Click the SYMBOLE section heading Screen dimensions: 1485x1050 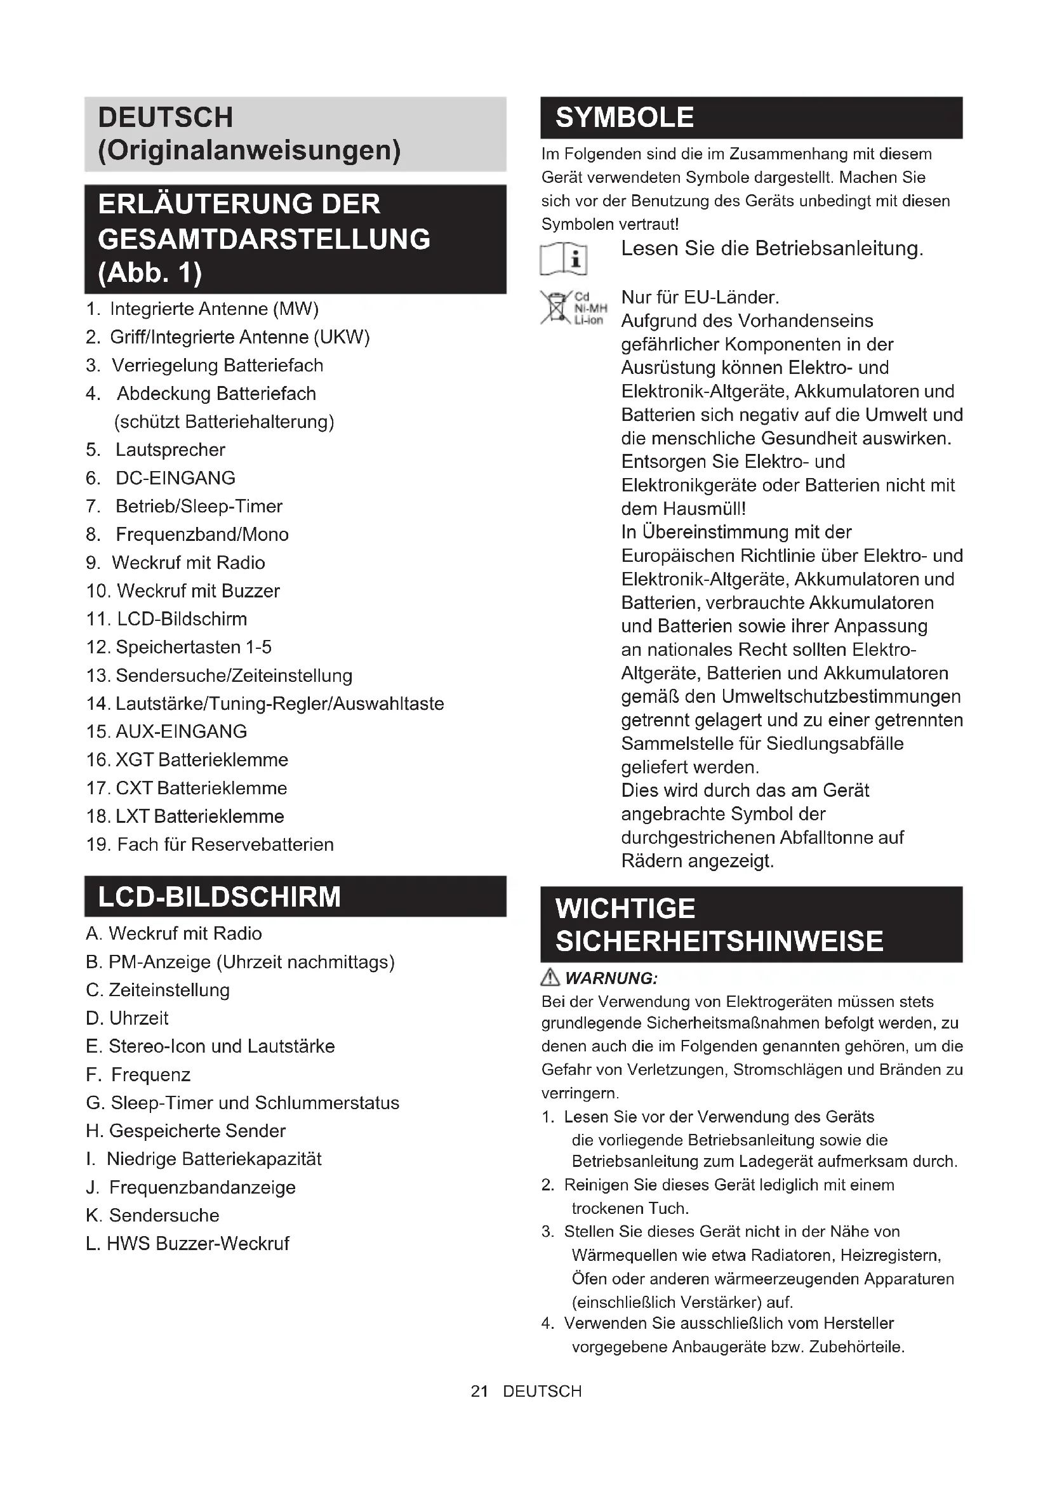point(625,117)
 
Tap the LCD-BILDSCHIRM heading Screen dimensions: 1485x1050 point(219,897)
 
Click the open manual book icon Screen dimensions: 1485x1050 point(563,258)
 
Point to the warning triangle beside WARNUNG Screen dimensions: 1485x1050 point(550,977)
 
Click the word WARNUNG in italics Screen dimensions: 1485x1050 point(611,978)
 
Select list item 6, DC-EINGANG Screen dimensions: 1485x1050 point(175,478)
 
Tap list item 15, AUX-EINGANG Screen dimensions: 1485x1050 point(181,731)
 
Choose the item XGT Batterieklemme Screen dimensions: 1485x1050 point(201,760)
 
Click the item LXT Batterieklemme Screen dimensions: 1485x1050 point(199,816)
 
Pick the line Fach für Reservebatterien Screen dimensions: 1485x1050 point(225,844)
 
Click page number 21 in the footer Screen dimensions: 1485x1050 point(479,1391)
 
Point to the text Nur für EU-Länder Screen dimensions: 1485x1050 point(700,298)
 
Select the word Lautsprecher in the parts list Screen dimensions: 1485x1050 point(170,450)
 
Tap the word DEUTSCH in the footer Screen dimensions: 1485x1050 point(542,1391)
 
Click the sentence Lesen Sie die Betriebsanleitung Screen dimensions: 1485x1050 point(772,248)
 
